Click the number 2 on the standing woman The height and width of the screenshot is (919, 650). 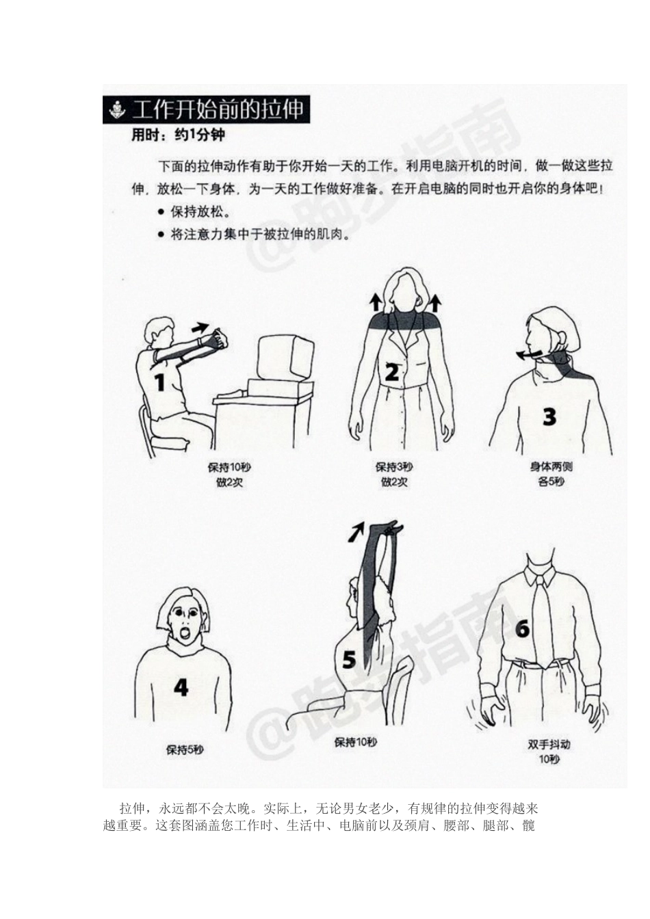click(x=391, y=373)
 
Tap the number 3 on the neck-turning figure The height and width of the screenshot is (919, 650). click(x=549, y=416)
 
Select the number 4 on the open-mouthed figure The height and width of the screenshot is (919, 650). click(x=181, y=687)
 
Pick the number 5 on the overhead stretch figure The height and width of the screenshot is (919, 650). click(x=349, y=661)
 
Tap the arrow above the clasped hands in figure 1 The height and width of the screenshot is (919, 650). click(x=200, y=327)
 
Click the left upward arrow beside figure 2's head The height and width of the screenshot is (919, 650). click(x=375, y=302)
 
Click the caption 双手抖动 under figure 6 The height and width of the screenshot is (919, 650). click(x=549, y=745)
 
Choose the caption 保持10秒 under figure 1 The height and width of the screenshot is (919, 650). click(x=229, y=468)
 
